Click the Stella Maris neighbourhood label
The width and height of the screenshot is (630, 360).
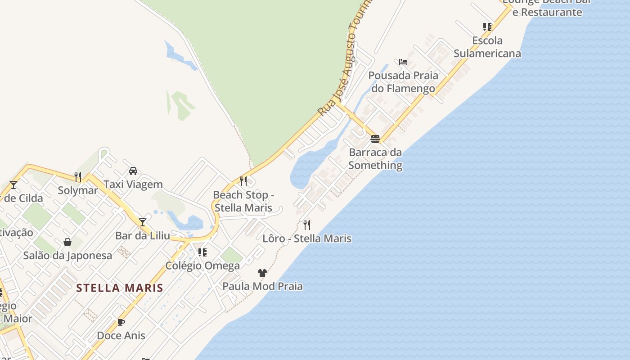(x=119, y=288)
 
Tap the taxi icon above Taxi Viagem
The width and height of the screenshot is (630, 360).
(x=133, y=171)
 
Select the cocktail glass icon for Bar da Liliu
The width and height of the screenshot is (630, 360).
(x=143, y=222)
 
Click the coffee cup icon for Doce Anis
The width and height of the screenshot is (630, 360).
(x=121, y=322)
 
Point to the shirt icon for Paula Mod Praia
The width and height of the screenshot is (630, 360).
(x=262, y=273)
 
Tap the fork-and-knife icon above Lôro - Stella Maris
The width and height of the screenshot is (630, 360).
(x=307, y=225)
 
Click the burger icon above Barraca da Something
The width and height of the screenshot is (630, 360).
(x=375, y=139)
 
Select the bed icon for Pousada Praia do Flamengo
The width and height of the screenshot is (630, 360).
(x=403, y=62)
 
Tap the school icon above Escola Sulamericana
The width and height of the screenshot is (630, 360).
(x=487, y=27)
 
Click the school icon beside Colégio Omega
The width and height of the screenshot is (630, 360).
(x=202, y=252)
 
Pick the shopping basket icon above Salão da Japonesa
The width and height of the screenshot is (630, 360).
(x=67, y=242)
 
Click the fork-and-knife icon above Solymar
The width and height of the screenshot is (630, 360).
(x=78, y=176)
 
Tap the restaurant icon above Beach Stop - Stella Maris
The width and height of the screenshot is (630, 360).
(x=243, y=181)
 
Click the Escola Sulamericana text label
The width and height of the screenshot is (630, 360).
(x=487, y=47)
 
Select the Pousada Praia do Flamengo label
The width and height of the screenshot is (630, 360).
(x=403, y=82)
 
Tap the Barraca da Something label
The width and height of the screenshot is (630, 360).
(x=375, y=159)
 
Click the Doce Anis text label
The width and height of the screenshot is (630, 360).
(x=121, y=336)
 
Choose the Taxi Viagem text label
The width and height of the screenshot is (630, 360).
(x=133, y=184)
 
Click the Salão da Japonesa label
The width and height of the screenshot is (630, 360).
(x=67, y=256)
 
